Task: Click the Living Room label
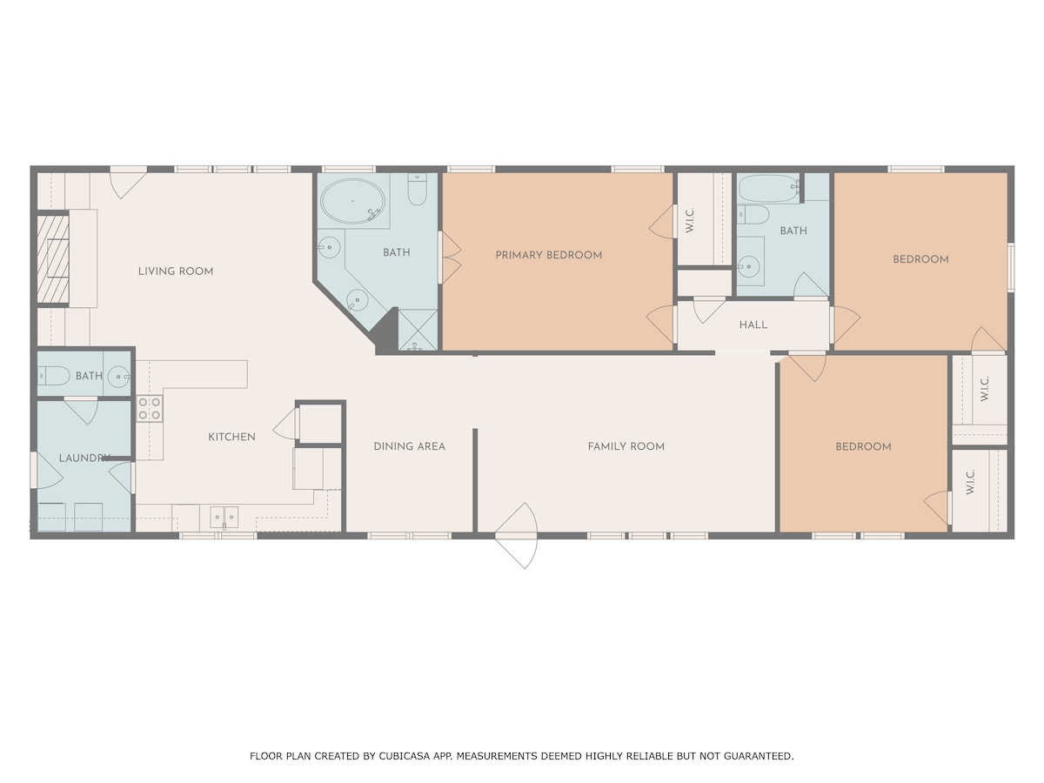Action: pos(176,271)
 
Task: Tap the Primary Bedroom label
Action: pos(549,255)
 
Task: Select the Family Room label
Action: pos(626,446)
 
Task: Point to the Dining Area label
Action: pos(409,446)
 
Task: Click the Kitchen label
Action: pos(231,437)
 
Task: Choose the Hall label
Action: pos(753,325)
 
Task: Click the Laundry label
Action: pos(84,458)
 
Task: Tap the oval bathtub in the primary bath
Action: pos(352,201)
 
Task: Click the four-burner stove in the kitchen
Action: pos(150,409)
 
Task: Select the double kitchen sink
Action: pos(224,518)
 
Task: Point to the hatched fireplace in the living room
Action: pos(53,259)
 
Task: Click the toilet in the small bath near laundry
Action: pos(53,376)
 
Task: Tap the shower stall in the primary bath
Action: pos(417,331)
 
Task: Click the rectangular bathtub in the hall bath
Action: pos(768,189)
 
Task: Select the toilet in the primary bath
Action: pos(417,189)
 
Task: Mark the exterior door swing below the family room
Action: pos(516,536)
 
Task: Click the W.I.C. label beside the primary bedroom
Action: pos(691,219)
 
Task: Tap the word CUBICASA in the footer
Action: pos(405,756)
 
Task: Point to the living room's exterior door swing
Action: pos(128,183)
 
